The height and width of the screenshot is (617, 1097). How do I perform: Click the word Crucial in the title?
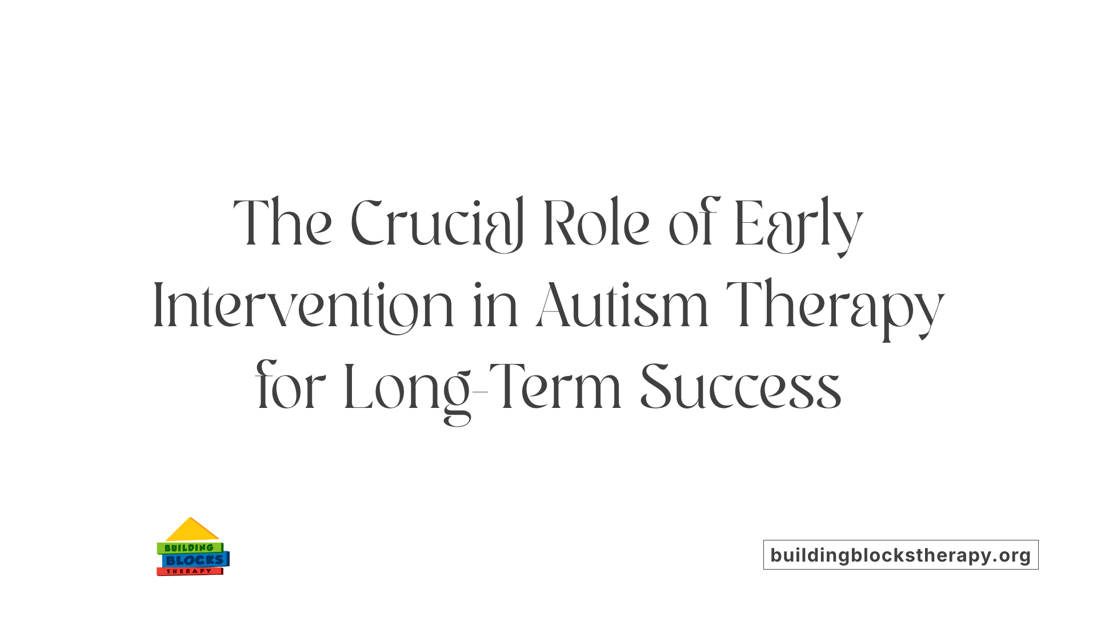[x=437, y=224]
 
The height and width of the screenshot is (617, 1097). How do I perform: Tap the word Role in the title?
[x=596, y=224]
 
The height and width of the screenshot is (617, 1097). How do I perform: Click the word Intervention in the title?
[x=303, y=306]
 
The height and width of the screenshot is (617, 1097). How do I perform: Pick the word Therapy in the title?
[x=835, y=306]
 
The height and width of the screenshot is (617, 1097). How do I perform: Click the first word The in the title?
[x=282, y=224]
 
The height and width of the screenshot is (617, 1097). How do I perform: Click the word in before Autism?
[x=495, y=306]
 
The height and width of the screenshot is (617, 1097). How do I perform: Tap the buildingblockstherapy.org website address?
[x=900, y=555]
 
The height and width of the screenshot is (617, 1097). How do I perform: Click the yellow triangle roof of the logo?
[x=191, y=530]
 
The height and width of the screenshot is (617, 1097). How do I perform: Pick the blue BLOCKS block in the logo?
[x=195, y=560]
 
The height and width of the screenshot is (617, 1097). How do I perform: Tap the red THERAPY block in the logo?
[x=189, y=571]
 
